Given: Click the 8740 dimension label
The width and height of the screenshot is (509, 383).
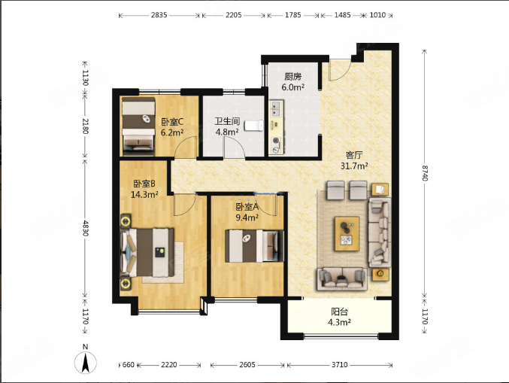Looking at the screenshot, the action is coord(425,173).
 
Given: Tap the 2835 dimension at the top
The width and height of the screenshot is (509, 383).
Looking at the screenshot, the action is coord(159,15).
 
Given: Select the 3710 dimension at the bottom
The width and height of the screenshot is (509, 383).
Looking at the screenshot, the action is coord(340,365).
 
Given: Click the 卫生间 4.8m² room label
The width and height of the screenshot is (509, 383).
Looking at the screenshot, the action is coord(227,126).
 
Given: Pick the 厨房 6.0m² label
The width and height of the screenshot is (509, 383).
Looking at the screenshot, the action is coord(292,81).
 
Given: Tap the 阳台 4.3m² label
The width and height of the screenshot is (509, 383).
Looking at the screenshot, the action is coord(339,317).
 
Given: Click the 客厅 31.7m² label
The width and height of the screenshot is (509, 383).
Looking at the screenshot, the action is coord(354,160).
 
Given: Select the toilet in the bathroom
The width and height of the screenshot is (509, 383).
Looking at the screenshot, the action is coord(254,126).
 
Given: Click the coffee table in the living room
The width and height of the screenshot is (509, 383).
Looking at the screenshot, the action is coord(347,233).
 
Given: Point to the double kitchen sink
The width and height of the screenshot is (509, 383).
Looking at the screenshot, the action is coord(276,108).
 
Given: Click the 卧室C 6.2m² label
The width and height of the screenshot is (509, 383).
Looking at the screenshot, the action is coord(172,126).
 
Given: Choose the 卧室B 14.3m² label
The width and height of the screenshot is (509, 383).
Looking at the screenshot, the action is coord(144,189).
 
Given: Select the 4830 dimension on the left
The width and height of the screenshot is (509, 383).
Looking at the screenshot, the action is coord(86,228).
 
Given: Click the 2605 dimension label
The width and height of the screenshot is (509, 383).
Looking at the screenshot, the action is coord(247,365).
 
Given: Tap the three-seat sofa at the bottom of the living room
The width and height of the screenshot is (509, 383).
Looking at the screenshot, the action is coord(343,278).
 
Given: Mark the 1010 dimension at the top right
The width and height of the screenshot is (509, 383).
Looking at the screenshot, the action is coord(378,15).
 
